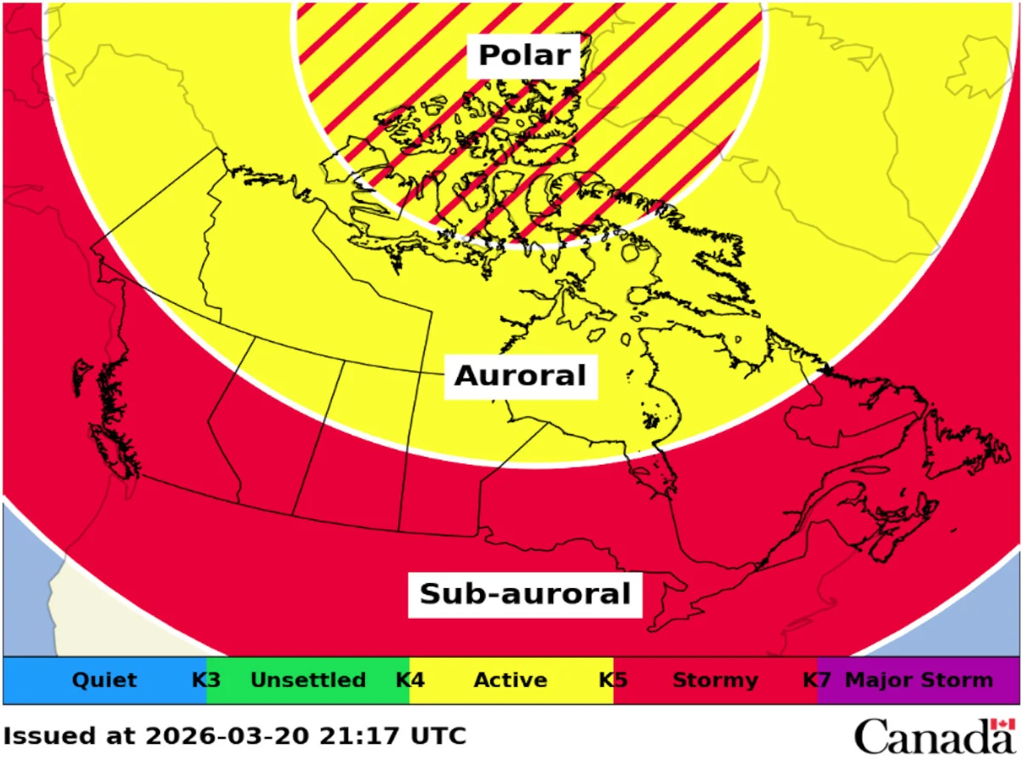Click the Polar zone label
pyautogui.click(x=523, y=55)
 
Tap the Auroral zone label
pyautogui.click(x=520, y=375)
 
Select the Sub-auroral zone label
pyautogui.click(x=524, y=593)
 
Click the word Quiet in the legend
pyautogui.click(x=104, y=680)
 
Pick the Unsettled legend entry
pyautogui.click(x=308, y=680)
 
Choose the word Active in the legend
pyautogui.click(x=510, y=680)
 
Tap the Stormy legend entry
pyautogui.click(x=715, y=680)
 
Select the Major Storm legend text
pyautogui.click(x=918, y=680)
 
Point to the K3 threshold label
pyautogui.click(x=206, y=680)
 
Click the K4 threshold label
pyautogui.click(x=410, y=680)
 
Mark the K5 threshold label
pyautogui.click(x=614, y=680)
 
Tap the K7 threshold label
pyautogui.click(x=817, y=680)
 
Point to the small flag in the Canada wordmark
pyautogui.click(x=1003, y=724)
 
